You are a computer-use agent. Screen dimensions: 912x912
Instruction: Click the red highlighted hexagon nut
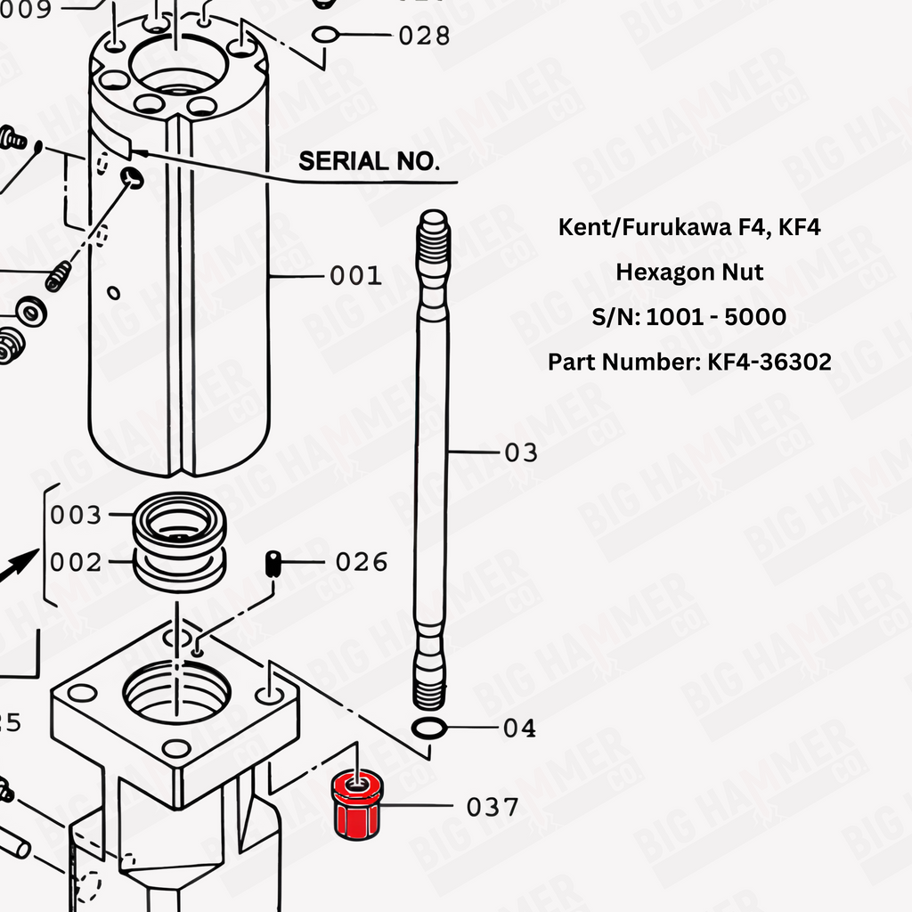point(357,804)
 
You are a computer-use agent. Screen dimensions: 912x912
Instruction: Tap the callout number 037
point(492,807)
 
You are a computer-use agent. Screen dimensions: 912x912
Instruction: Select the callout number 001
point(355,275)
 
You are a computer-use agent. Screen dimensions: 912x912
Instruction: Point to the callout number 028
point(424,36)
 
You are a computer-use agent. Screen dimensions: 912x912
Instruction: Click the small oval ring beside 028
point(325,35)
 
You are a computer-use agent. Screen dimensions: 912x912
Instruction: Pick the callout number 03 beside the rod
point(520,452)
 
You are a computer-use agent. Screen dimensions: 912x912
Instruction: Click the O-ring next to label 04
point(429,729)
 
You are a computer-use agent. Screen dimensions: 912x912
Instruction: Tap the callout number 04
point(519,729)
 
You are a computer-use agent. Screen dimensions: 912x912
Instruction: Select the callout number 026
point(362,563)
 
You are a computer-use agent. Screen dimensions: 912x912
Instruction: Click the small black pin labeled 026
point(273,564)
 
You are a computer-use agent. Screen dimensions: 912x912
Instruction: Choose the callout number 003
point(76,515)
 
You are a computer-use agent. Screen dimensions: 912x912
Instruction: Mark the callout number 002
point(76,563)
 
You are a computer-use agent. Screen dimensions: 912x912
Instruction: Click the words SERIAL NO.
point(369,161)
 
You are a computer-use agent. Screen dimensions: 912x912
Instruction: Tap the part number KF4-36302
point(769,362)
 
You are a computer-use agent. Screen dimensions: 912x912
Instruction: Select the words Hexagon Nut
point(689,273)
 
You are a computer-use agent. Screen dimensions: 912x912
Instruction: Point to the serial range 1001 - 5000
point(716,317)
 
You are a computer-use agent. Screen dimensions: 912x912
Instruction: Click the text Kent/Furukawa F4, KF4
point(689,227)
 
